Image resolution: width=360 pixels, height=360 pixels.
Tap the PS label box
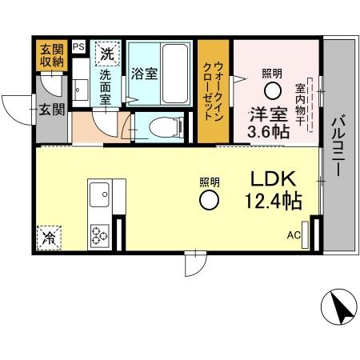(78, 47)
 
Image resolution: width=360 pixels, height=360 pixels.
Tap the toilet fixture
(160, 126)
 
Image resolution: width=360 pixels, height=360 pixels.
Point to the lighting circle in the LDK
(210, 200)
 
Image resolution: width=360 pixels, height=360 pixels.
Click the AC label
(294, 235)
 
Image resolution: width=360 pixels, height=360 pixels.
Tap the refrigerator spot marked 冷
(49, 238)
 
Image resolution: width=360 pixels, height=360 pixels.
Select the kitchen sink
(101, 194)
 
